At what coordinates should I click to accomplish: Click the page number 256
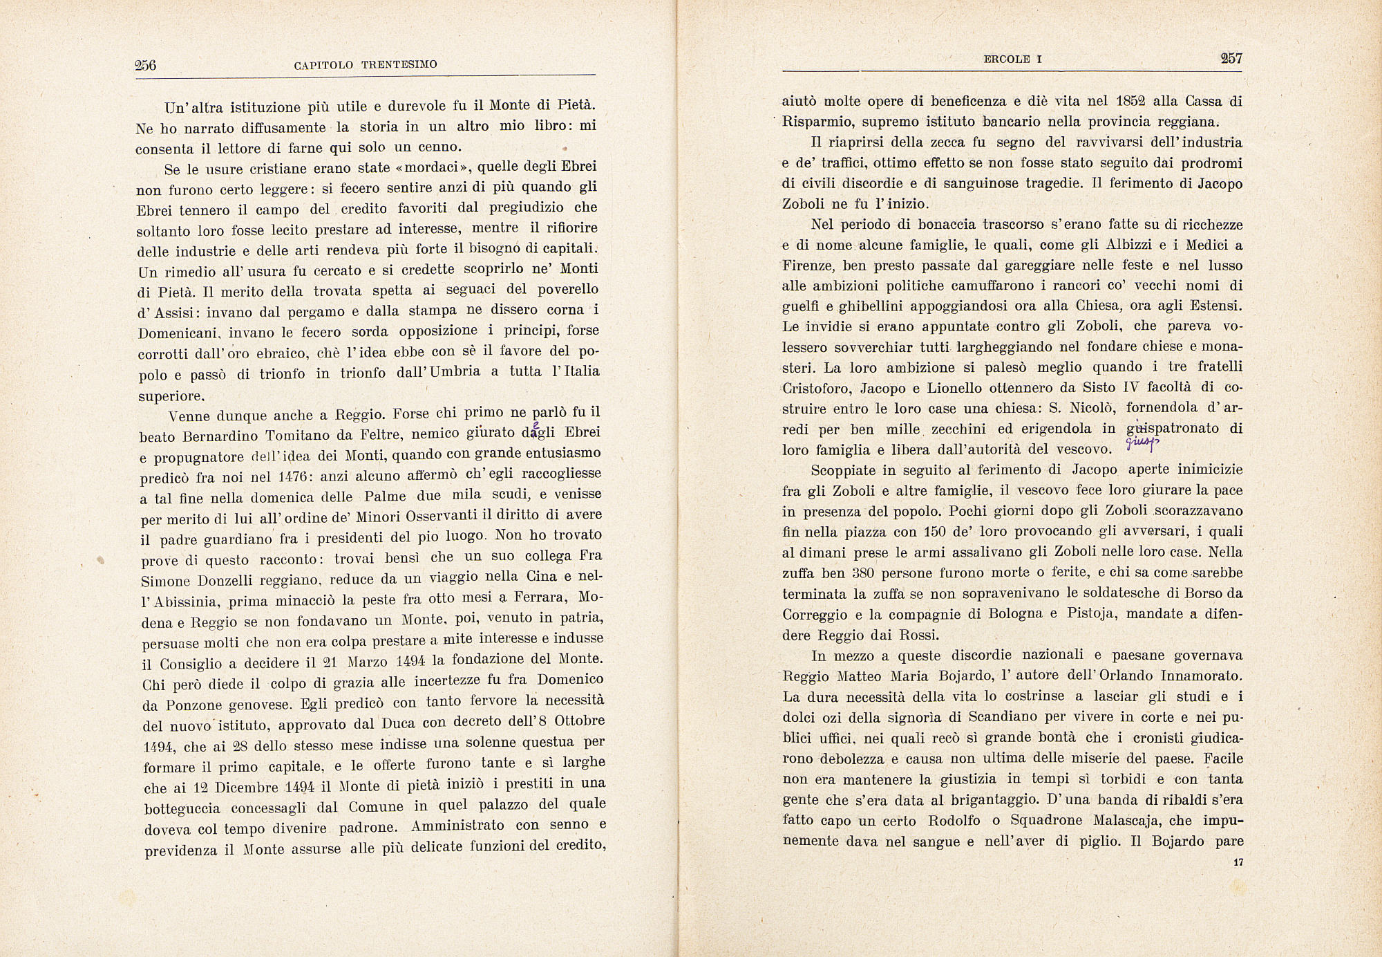[x=146, y=66]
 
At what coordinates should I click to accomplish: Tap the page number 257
[x=1231, y=59]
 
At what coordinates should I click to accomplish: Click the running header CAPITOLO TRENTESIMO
[x=366, y=65]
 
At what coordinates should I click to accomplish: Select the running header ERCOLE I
[x=1012, y=59]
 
